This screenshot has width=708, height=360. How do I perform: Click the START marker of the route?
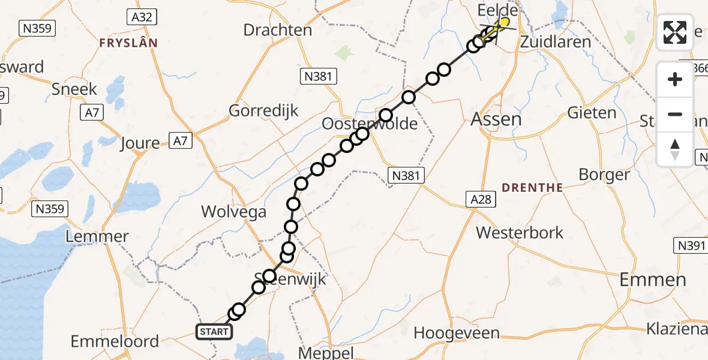point(214,331)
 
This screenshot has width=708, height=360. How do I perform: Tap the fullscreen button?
point(675,32)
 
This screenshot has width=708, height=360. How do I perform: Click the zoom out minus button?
point(675,114)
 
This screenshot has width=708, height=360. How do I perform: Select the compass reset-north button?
point(675,149)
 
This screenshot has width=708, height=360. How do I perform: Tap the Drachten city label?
point(278,30)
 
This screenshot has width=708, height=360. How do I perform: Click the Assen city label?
point(496,119)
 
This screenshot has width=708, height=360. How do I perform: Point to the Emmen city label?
point(652,279)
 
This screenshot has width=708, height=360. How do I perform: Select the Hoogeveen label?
point(457,333)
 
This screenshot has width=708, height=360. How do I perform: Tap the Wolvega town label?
point(234,211)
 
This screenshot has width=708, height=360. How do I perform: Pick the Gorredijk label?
point(263,111)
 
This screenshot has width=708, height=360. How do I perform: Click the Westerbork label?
point(520,232)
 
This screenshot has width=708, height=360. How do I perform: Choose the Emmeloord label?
point(115,341)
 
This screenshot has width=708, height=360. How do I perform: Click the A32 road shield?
point(142,17)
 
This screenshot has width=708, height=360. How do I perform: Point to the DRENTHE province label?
point(532,188)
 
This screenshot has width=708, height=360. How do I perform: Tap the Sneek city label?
point(74,89)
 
